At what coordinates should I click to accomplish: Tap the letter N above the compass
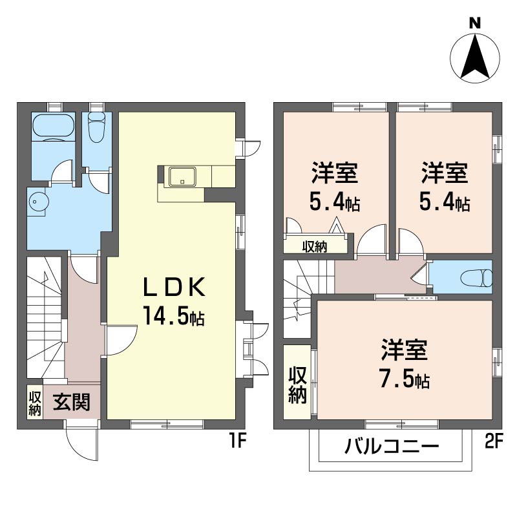tap(475, 23)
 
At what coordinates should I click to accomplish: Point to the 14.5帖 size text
tap(173, 317)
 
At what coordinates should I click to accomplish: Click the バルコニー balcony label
tap(392, 447)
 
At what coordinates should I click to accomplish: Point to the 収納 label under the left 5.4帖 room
tap(315, 246)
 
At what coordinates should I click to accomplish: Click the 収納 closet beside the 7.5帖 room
tap(297, 385)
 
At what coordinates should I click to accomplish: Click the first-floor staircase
tap(44, 317)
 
